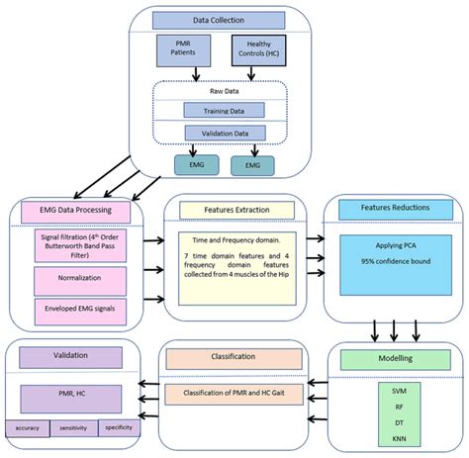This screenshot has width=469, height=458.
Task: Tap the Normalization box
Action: click(x=74, y=280)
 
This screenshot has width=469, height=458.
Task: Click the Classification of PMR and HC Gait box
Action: click(x=233, y=394)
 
